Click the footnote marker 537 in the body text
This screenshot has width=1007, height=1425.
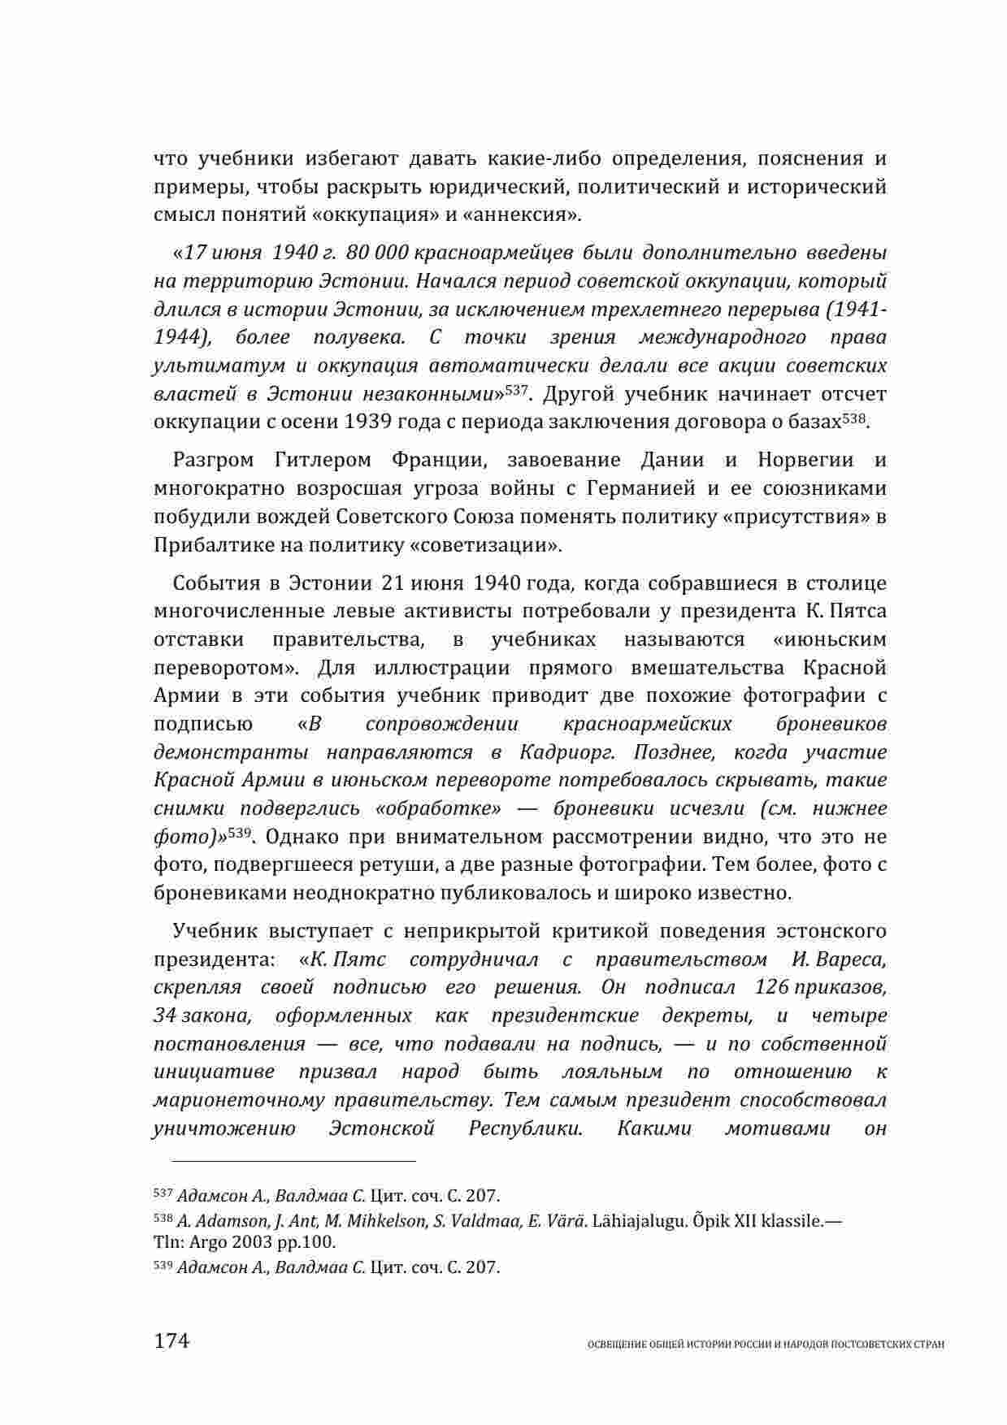pyautogui.click(x=517, y=391)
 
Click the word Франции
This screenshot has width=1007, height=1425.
pyautogui.click(x=439, y=461)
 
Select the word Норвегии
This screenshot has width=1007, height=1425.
pyautogui.click(x=805, y=461)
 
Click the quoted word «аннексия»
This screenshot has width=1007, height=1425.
pyautogui.click(x=531, y=215)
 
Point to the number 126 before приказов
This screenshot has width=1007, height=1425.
pyautogui.click(x=771, y=987)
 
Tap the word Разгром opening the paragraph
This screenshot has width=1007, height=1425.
pyautogui.click(x=212, y=461)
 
